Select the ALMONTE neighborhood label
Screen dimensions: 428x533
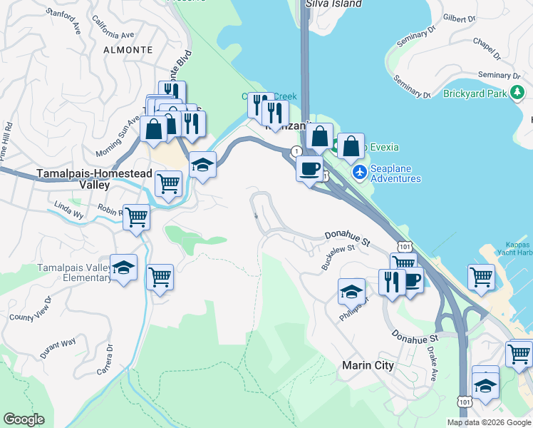[128, 50]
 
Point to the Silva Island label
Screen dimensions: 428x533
[333, 4]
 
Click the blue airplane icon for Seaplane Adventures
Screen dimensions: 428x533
[360, 172]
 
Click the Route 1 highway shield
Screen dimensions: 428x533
[295, 151]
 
